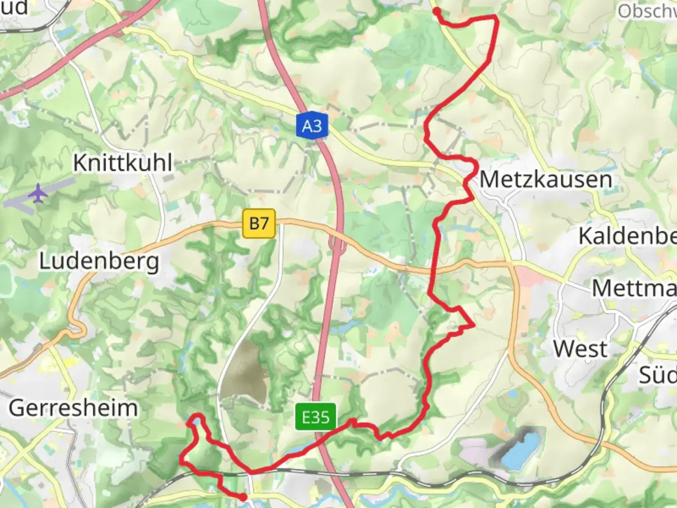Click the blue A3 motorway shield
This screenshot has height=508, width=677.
[x=312, y=126]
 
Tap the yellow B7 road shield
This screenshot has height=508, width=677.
[x=259, y=223]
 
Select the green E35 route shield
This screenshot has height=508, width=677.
[x=316, y=417]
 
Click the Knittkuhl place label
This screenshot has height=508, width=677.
[x=123, y=163]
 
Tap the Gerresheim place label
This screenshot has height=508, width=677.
[x=73, y=407]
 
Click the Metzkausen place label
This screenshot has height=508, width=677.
[x=545, y=179]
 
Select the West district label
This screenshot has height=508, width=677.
[x=580, y=349]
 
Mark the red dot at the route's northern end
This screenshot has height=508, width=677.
[x=437, y=11]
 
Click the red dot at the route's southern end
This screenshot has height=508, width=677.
[x=243, y=497]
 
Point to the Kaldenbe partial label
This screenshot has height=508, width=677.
[x=627, y=236]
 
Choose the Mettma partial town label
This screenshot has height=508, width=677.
[x=634, y=288]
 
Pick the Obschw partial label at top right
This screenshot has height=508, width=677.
[x=647, y=11]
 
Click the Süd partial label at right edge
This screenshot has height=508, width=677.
[x=657, y=375]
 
